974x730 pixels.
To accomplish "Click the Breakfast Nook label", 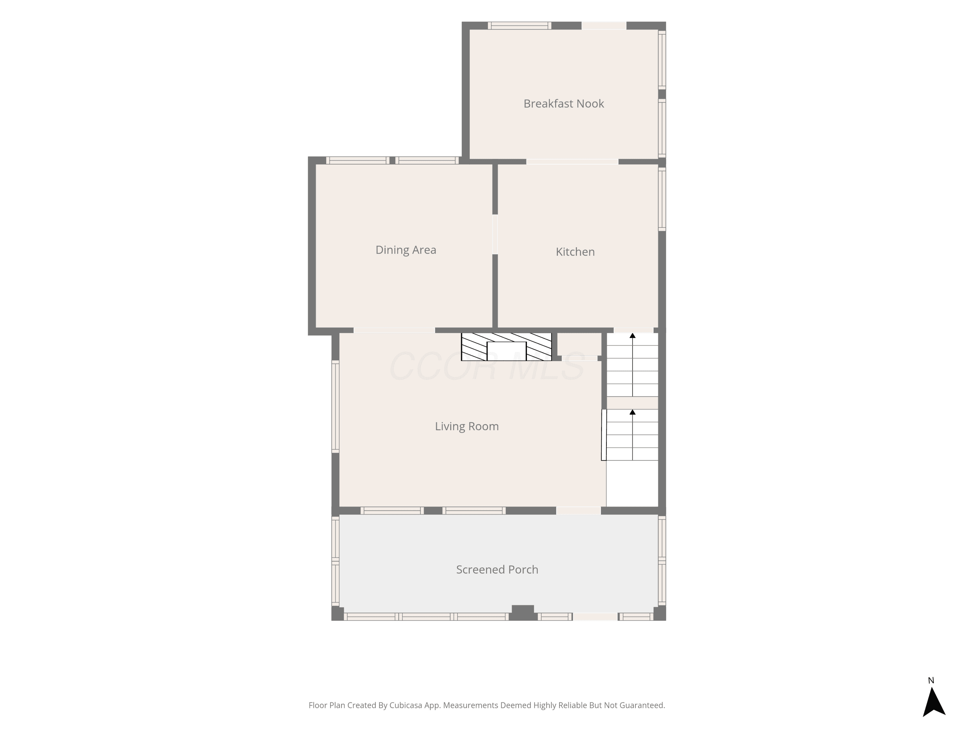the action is pos(564,104).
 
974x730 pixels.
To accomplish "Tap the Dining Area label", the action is pos(406,250).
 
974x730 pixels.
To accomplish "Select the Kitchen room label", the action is pos(575,252).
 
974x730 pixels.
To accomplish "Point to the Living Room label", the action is pos(467,426).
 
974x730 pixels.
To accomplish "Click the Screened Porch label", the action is pos(497,570).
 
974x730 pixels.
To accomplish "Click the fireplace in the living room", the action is pos(506,347).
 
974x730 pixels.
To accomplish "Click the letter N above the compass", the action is pos(931,681).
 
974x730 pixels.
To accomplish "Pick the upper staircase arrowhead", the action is pos(633,336).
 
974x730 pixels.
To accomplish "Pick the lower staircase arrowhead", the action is pos(633,412).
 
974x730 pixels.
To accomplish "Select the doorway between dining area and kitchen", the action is pos(495,234).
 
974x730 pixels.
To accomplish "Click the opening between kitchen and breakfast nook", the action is pos(572,162).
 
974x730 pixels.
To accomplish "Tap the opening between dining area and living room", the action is pos(394,331).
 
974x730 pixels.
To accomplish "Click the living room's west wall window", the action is pos(335,407).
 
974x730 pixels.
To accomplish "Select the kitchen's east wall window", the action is pos(662,199).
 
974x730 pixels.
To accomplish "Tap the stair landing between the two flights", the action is pos(632,403).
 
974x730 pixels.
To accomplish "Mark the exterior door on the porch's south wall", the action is pos(595,617).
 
